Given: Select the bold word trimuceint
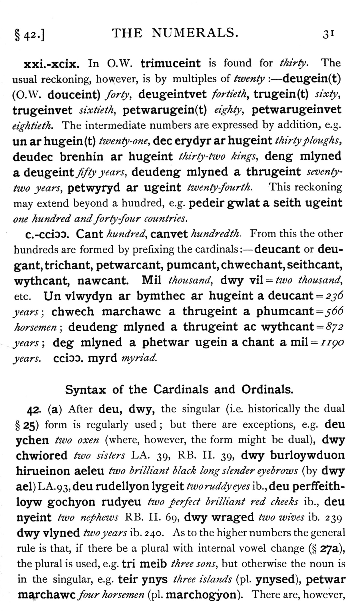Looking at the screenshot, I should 170,63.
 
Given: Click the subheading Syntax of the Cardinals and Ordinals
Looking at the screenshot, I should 179,389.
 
